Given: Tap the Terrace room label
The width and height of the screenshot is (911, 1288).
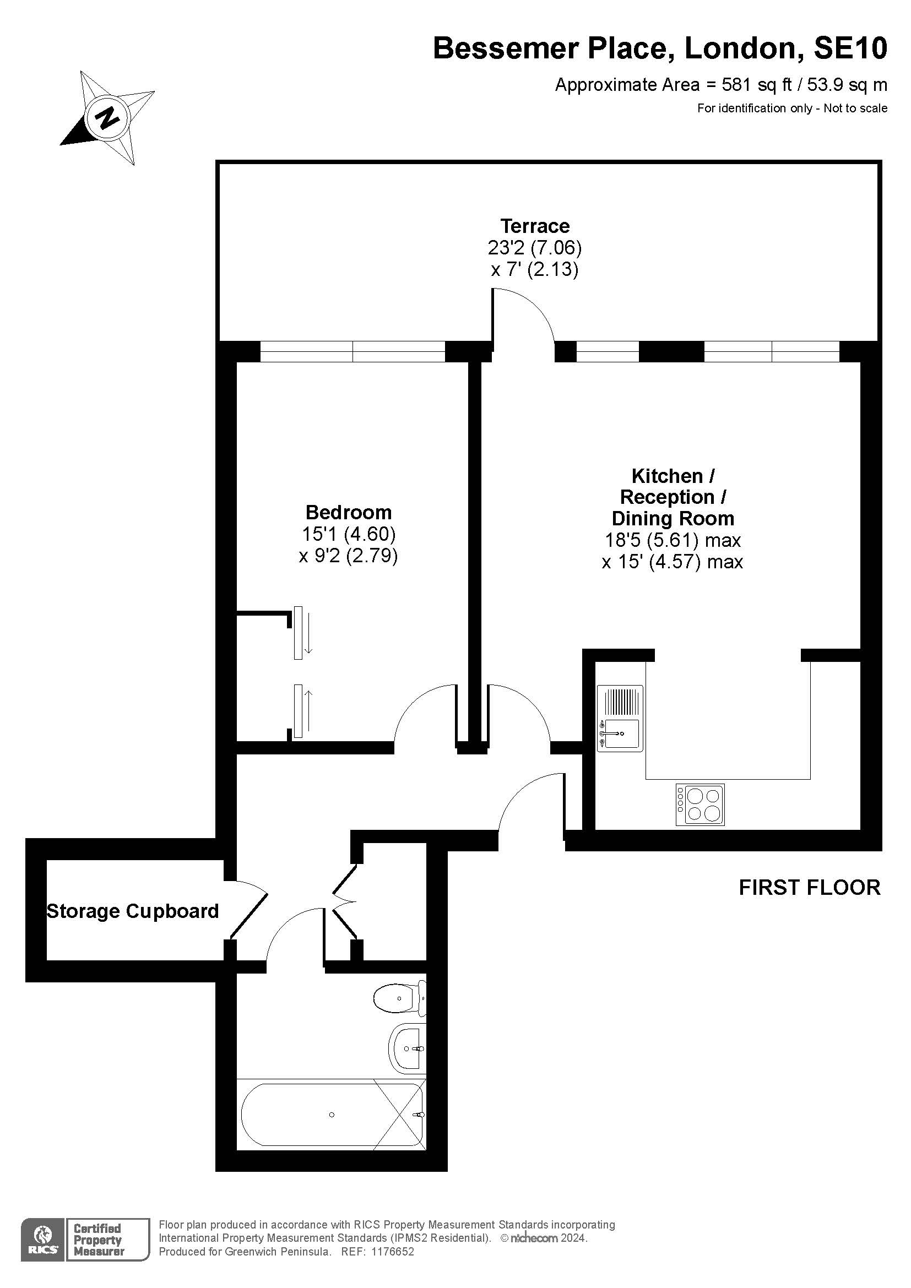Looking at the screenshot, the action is click(x=535, y=226).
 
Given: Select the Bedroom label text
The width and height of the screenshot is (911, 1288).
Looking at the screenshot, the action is click(x=348, y=512).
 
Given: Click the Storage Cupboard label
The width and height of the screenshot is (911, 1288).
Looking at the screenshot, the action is click(x=132, y=911).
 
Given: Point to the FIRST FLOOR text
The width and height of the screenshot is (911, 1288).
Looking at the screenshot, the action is click(x=810, y=888).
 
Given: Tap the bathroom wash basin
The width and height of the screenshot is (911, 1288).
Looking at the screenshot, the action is click(x=408, y=1048).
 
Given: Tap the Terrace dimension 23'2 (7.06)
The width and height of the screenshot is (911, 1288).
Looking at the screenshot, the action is click(x=535, y=247).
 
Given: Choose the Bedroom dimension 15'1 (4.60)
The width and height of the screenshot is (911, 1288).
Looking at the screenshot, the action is click(x=348, y=534).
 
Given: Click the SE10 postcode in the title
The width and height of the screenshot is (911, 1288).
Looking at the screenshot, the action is click(x=850, y=48).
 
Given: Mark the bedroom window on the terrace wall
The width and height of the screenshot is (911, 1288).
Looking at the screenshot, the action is click(x=353, y=352).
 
